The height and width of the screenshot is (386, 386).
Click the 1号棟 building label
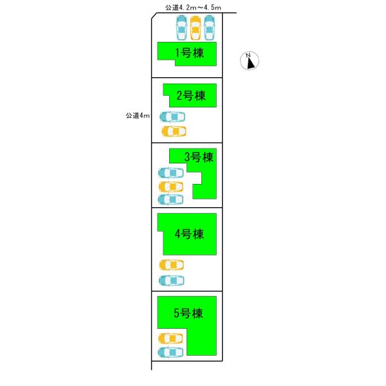click(x=189, y=53)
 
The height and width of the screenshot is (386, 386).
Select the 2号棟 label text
click(x=191, y=96)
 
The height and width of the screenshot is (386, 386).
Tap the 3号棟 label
click(x=199, y=158)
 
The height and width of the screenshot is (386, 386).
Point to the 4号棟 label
click(x=189, y=234)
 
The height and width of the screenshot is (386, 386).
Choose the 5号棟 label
click(x=188, y=313)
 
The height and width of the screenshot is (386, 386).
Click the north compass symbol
click(x=250, y=60)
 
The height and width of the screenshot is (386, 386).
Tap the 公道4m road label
click(x=138, y=116)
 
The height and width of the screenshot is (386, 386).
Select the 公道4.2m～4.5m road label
click(x=193, y=8)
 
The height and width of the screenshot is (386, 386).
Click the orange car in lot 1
click(x=195, y=28)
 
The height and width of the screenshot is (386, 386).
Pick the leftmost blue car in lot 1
click(x=181, y=28)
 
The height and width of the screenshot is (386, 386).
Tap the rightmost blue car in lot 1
click(x=209, y=28)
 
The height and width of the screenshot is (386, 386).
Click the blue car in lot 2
click(x=172, y=117)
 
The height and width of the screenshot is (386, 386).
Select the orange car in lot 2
click(x=174, y=131)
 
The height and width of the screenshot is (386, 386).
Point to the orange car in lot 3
click(x=171, y=187)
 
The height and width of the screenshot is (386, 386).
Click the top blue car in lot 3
click(x=171, y=173)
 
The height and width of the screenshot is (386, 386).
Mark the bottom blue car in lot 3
click(x=170, y=199)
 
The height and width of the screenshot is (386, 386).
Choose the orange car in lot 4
click(x=172, y=265)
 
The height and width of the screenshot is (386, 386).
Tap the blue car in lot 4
click(x=171, y=280)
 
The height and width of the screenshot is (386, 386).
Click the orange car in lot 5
click(x=170, y=339)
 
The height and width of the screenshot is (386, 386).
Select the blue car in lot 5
click(x=170, y=353)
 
